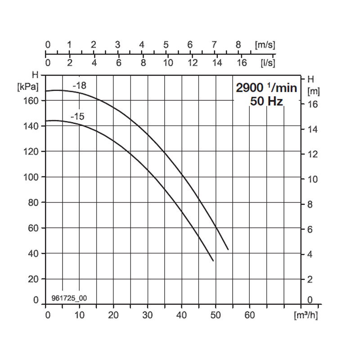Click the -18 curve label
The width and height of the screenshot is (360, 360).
(80, 85)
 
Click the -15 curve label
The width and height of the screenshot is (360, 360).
(77, 117)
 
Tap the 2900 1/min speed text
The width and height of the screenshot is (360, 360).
(266, 88)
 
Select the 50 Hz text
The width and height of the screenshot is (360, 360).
(266, 101)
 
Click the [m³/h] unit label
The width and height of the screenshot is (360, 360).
(306, 315)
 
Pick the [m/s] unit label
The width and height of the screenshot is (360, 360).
(265, 45)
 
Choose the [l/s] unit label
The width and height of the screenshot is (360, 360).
(268, 63)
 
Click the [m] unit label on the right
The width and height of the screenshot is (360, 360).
(313, 91)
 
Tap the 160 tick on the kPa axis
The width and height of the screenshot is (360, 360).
(31, 101)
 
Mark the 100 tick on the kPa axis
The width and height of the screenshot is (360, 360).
(31, 177)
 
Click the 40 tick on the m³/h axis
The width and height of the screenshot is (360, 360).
(182, 315)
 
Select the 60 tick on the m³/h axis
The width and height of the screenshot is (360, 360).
(250, 315)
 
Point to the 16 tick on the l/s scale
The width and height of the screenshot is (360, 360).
(242, 63)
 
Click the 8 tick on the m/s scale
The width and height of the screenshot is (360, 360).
(238, 45)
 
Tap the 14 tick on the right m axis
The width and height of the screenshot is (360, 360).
(313, 129)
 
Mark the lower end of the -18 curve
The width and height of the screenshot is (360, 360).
(228, 249)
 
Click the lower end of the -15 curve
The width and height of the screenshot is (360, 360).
(213, 261)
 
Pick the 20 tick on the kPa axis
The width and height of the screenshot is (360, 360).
(34, 279)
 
